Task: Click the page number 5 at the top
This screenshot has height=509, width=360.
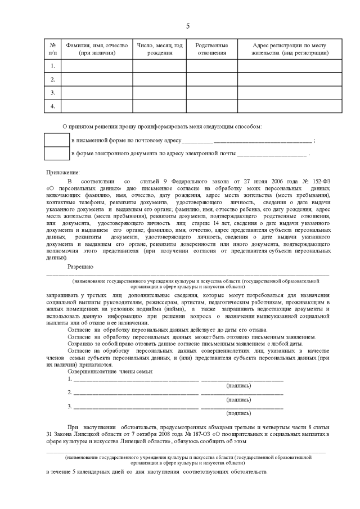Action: (x=188, y=26)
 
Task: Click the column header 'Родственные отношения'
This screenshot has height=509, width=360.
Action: (x=211, y=49)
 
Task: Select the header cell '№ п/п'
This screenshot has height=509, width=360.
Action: (x=52, y=49)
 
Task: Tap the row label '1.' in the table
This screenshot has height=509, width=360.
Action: (x=52, y=66)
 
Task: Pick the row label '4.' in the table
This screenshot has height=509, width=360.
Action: (x=52, y=106)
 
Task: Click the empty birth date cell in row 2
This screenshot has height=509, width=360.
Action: (x=159, y=79)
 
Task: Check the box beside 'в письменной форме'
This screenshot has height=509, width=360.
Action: (x=57, y=139)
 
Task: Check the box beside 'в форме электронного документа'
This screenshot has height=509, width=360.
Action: (x=57, y=153)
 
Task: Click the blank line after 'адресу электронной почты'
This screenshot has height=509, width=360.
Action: (x=272, y=154)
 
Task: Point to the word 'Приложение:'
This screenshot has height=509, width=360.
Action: (x=63, y=172)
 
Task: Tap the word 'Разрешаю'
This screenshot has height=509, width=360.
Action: (x=80, y=265)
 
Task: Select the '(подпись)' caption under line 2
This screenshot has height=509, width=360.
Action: (x=238, y=399)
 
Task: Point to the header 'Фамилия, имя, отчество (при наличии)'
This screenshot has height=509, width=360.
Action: (x=97, y=49)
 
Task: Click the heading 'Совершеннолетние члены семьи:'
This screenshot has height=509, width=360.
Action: (x=110, y=372)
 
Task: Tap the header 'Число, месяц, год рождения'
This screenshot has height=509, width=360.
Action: (x=159, y=49)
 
